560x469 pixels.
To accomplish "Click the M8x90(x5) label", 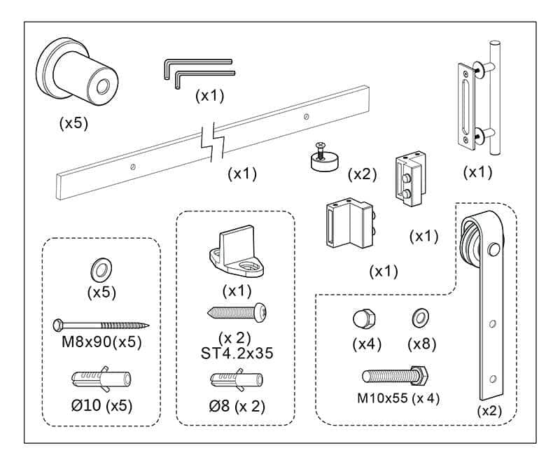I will (101, 344).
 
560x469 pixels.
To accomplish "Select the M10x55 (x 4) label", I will (399, 398).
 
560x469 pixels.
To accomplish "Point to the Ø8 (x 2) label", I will (237, 405).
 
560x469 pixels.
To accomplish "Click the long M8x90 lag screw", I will (101, 325).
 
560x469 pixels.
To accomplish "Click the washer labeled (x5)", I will (101, 269).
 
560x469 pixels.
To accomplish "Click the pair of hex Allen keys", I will (199, 71).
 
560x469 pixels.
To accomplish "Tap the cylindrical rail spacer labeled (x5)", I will (79, 76).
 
